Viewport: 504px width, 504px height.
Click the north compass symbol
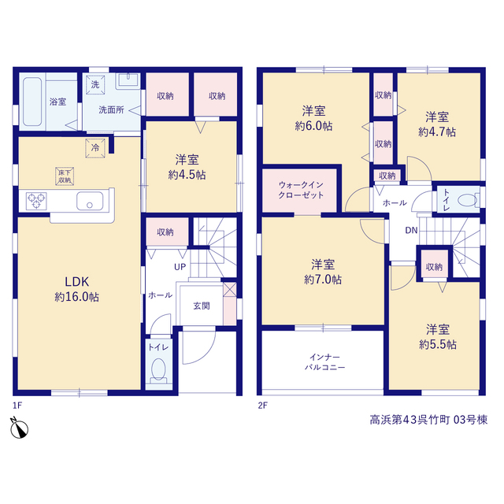[x=19, y=428]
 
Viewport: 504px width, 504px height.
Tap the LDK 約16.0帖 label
[x=77, y=289]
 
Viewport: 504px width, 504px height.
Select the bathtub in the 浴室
[x=32, y=102]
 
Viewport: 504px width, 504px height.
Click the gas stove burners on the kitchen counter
[x=36, y=201]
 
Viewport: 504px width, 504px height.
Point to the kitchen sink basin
[x=90, y=201]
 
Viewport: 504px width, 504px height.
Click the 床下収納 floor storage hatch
[x=65, y=176]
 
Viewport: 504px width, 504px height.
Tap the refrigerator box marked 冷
[x=95, y=148]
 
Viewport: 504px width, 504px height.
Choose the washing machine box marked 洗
[x=95, y=85]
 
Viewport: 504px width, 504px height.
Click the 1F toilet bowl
[x=158, y=369]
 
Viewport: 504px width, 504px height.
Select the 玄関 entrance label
[x=202, y=306]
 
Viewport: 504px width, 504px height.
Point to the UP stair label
[x=180, y=267]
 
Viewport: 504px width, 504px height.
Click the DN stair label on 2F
[x=411, y=230]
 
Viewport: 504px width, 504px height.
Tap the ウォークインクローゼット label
[x=301, y=190]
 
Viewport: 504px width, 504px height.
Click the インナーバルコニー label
[x=324, y=362]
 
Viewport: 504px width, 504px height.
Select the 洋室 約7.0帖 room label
[x=323, y=272]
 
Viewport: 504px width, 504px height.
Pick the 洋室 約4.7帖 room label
[x=437, y=124]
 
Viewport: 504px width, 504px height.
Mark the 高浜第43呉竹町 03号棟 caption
[x=428, y=420]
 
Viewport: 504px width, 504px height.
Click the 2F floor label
[x=262, y=406]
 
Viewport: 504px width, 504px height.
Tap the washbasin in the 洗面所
[x=128, y=80]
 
